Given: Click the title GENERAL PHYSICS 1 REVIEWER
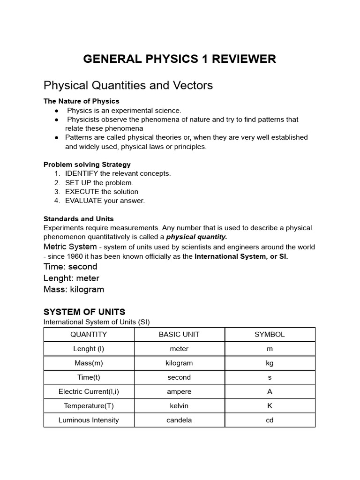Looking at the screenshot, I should coord(180,59).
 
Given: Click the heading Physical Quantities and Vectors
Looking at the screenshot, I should coord(128,85).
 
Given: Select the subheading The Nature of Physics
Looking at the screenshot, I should coord(81,101).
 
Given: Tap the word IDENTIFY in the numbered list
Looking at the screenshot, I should coord(82,173).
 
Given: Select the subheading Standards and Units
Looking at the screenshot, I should coord(78,219).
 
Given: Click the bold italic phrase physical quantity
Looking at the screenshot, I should coord(196,237).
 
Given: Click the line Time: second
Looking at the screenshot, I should coord(70,267).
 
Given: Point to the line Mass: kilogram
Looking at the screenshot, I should coord(74,289).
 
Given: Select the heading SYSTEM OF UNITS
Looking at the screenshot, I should coord(84,312).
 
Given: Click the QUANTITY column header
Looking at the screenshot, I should coord(89,335).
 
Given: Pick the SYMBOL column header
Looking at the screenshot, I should coord(270,335).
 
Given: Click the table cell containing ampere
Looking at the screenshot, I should coord(179,391).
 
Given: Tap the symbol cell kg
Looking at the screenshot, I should coord(270,363).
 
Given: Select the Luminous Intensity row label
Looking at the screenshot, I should coord(89,420).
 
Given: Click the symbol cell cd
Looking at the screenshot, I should coord(270,420).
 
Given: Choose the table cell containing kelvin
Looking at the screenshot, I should coord(179,406).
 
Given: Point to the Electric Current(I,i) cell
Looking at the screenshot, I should coord(89,391).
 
